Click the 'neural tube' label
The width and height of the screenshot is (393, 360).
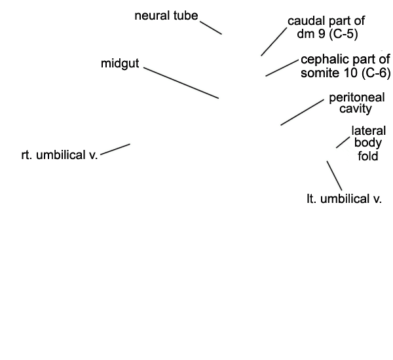[x=166, y=16]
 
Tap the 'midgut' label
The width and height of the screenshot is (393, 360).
[x=120, y=63]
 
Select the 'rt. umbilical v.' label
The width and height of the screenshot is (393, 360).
[x=60, y=155]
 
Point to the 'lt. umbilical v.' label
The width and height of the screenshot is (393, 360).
[x=344, y=199]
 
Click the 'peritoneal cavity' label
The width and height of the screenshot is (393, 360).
[x=357, y=103]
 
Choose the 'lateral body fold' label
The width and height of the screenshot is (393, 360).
[x=368, y=143]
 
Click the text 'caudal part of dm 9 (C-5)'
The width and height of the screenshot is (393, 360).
[x=326, y=27]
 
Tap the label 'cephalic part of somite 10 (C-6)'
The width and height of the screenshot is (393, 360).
[x=346, y=66]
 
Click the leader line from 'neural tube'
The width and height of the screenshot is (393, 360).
[x=211, y=27]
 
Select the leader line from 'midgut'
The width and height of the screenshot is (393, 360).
[x=181, y=82]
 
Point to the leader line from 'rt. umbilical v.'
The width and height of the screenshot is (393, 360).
[x=115, y=149]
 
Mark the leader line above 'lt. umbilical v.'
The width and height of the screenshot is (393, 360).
[x=334, y=175]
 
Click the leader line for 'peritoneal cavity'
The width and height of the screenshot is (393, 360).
[x=302, y=112]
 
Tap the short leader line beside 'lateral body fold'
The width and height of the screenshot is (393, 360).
[x=343, y=142]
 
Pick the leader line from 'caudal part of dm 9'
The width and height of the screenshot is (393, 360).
[x=274, y=42]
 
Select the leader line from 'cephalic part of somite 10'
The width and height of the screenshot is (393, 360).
[x=282, y=68]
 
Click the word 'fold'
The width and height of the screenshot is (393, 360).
[x=368, y=156]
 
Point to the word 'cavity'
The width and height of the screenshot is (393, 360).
[x=356, y=109]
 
